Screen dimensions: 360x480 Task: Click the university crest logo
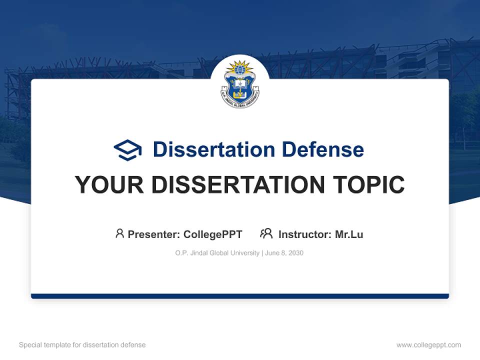[x=240, y=84]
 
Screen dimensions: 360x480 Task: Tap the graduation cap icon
[x=127, y=150]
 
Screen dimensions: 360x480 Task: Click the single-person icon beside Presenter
[x=119, y=233]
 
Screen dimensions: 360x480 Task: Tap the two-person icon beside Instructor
[x=266, y=233]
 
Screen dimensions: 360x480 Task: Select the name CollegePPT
[x=212, y=234]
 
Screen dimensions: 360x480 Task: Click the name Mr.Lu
[x=349, y=234]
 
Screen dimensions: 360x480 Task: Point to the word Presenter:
[x=154, y=234]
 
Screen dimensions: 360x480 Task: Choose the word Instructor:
[x=305, y=234]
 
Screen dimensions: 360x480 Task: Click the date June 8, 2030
[x=284, y=253]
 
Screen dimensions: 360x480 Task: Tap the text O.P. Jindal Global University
[x=217, y=253]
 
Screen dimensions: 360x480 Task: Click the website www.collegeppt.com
[x=428, y=345]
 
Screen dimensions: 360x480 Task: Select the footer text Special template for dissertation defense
[x=82, y=345]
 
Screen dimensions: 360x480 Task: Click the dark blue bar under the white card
[x=240, y=296]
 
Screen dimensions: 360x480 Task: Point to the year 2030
[x=295, y=253]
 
